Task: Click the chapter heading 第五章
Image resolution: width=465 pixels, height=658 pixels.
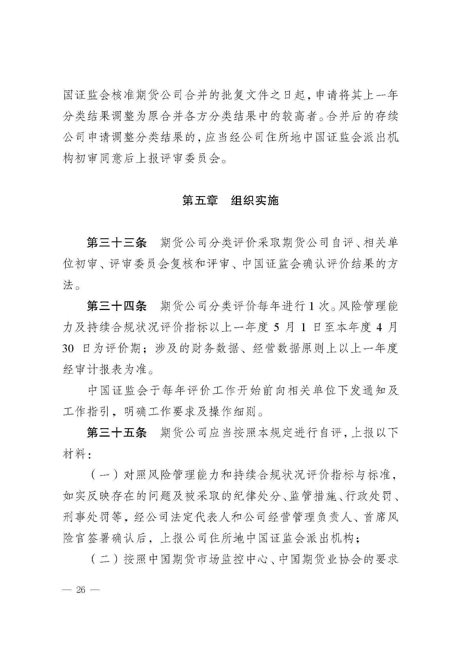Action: click(200, 201)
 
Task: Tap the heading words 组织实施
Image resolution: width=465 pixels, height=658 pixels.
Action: click(254, 201)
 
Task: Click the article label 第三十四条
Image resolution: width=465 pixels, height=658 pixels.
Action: click(117, 306)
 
